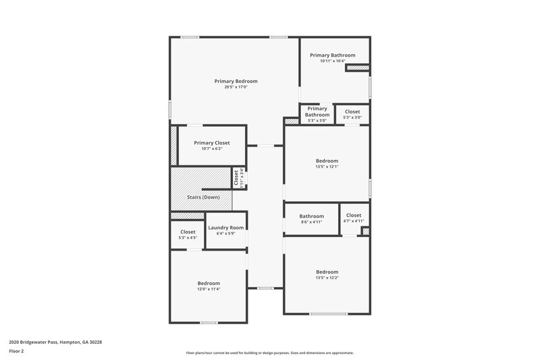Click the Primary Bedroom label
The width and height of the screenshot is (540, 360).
coord(236,81)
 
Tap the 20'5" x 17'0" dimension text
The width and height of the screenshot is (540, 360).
coord(236,87)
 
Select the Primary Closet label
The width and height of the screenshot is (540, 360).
coord(211,143)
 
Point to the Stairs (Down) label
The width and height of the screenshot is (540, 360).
coord(203,197)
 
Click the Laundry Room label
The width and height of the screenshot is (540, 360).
coord(225,228)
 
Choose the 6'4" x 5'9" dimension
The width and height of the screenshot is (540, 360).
coord(225,234)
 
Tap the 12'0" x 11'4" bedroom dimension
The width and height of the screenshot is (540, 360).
coord(209,289)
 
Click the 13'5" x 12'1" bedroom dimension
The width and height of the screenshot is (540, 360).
coord(327,167)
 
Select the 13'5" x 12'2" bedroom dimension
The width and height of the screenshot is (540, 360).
coord(327,278)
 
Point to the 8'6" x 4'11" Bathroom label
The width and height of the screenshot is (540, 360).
coord(312,216)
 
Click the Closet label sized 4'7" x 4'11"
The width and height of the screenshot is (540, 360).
coord(353,215)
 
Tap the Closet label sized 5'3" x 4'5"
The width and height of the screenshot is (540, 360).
coord(188,232)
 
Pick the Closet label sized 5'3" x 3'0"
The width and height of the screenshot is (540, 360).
coord(352,112)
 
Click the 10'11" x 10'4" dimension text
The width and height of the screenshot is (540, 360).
coord(332,61)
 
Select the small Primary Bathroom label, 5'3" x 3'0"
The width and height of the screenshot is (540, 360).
coord(317,111)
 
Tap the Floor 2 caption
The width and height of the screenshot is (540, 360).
coord(16,351)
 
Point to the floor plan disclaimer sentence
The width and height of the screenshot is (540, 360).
coord(269,353)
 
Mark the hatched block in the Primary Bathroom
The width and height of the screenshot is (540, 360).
coord(358,68)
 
